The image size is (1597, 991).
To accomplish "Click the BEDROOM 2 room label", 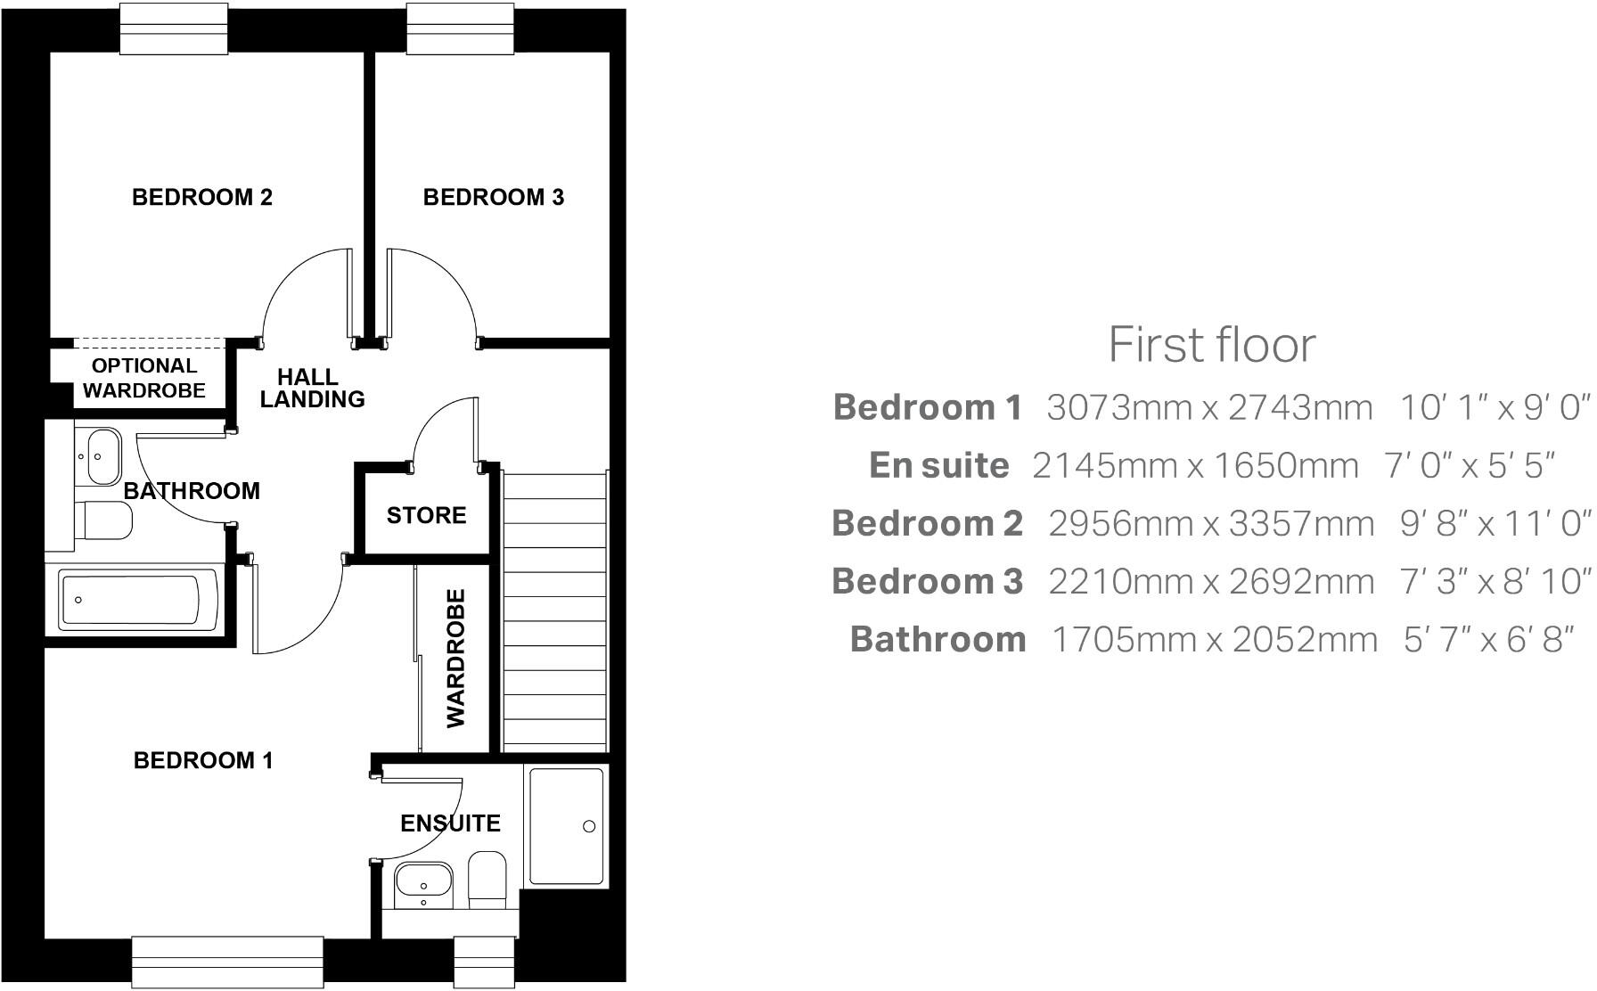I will [201, 197].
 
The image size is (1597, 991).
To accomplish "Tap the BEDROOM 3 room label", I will [493, 197].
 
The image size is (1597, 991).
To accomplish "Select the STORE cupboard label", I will [426, 515].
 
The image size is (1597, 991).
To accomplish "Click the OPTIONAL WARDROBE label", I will [143, 378].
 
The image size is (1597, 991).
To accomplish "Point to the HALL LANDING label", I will [312, 389].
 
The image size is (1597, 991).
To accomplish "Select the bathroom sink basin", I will [102, 454].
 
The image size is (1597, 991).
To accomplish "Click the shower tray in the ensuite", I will [567, 825].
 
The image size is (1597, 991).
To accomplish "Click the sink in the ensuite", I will [423, 884].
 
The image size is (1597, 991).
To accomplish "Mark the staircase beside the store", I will [554, 611].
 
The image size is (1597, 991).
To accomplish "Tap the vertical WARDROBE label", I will [455, 658].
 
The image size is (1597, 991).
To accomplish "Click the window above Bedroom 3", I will [460, 29].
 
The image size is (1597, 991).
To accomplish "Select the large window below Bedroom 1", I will [227, 960].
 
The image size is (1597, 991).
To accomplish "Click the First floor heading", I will [1211, 344].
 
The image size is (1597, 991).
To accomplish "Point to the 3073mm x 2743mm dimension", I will [1208, 407].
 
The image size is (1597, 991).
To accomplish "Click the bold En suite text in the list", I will [938, 465].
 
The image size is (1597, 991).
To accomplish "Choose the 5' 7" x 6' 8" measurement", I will [1485, 639].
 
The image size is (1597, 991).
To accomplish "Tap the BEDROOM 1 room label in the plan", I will [203, 760].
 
